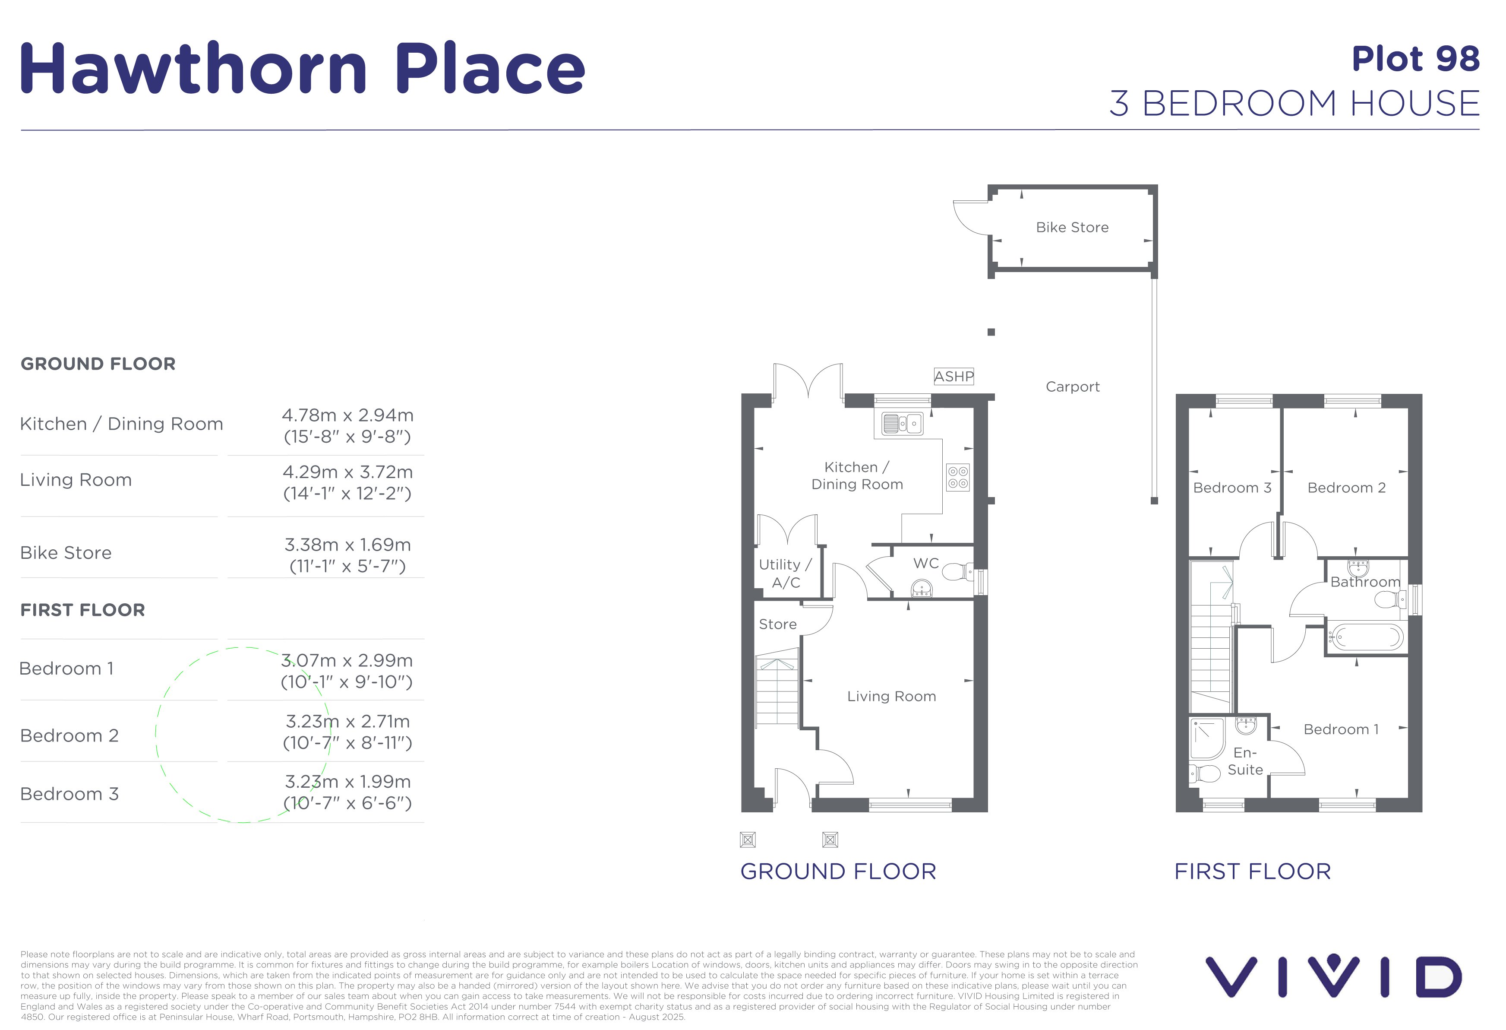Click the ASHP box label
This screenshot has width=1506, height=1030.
(953, 377)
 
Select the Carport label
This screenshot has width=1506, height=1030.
(1073, 387)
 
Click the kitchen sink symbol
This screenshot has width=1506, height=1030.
(902, 423)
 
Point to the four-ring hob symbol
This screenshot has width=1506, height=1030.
(958, 477)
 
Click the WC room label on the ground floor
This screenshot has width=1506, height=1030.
(925, 563)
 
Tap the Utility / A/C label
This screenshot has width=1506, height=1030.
(786, 574)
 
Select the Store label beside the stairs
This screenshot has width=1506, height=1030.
(778, 624)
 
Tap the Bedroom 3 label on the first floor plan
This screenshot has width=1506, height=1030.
(1232, 488)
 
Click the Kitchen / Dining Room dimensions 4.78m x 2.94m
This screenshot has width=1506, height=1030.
(347, 415)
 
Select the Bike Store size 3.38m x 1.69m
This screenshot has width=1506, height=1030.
(347, 545)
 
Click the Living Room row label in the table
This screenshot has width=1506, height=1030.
(76, 480)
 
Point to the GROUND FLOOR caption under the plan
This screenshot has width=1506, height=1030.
(838, 871)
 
